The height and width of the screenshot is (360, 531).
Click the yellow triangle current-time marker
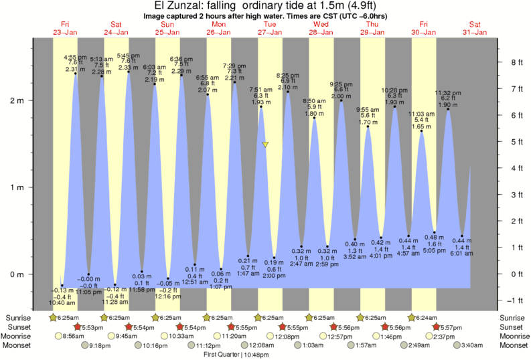coord(266,145)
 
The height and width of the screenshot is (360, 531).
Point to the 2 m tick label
coord(15,100)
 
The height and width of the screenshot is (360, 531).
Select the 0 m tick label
coord(15,274)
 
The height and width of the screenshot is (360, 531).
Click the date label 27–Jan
coord(270,31)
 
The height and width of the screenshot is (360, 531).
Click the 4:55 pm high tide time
coord(74,57)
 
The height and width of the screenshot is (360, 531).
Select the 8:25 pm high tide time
coord(288,76)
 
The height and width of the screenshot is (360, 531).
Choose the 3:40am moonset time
coord(473,345)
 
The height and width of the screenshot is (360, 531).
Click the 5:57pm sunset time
coord(451,327)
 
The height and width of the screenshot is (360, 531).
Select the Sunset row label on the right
coord(513,327)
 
